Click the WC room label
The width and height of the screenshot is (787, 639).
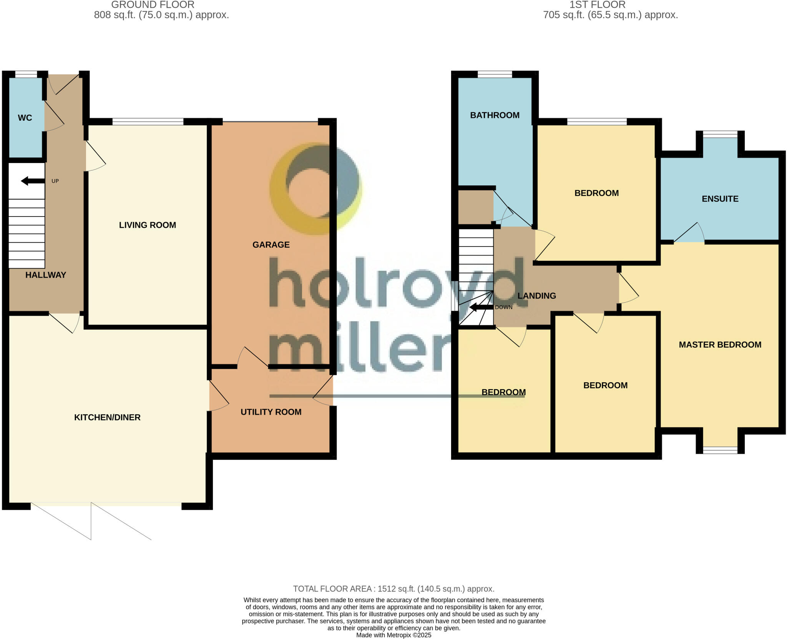point(25,118)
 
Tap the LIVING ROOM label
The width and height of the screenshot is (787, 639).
point(147,225)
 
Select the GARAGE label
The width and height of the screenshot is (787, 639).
point(271,245)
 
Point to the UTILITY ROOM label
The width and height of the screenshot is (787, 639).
point(271,412)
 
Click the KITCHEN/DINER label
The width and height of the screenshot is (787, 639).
point(107,417)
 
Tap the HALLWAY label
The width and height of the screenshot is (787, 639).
point(46,275)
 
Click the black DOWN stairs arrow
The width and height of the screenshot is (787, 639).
point(481,307)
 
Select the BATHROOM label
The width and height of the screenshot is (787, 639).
point(495,115)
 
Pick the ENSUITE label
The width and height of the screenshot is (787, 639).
point(720,199)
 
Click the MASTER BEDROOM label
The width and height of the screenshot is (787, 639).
point(720,344)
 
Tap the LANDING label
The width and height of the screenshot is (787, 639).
point(536,296)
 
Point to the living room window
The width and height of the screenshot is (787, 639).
point(148,121)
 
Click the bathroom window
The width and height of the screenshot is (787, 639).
point(495,74)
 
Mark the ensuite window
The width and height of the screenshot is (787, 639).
point(720,134)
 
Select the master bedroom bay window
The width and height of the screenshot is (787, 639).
point(720,450)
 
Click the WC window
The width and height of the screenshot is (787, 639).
point(26,74)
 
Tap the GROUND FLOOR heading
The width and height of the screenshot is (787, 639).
point(153,5)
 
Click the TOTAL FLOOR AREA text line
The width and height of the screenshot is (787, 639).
point(393,589)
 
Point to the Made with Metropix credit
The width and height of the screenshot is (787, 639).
point(393,635)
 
